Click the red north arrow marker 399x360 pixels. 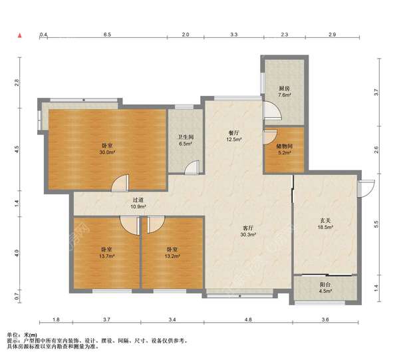19,35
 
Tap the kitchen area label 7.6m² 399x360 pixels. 285,95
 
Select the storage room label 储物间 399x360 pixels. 285,146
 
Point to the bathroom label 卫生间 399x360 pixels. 186,137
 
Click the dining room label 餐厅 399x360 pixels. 234,133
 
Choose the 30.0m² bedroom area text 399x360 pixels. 107,152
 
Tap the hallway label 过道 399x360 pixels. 138,200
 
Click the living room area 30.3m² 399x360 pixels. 248,234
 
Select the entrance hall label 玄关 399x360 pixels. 325,221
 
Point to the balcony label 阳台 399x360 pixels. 325,284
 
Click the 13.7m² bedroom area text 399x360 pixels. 106,256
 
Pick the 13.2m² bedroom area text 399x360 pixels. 172,256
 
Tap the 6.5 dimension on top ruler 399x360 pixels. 107,35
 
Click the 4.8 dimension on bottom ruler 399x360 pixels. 248,319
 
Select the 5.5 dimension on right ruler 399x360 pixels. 376,224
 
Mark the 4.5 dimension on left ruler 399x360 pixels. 17,149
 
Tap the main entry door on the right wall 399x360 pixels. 366,189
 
